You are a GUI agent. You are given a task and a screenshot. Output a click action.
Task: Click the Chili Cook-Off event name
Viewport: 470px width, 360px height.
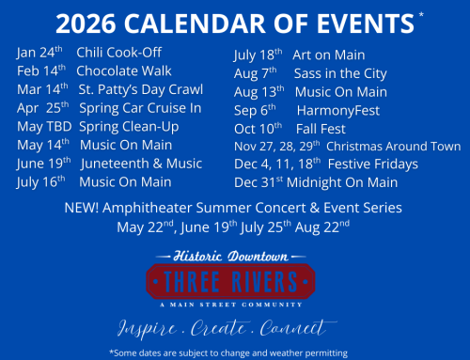[119, 53]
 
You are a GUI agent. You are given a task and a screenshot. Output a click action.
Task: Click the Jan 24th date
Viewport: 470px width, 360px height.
[43, 53]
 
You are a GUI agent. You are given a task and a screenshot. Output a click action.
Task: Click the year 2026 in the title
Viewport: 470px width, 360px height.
[90, 22]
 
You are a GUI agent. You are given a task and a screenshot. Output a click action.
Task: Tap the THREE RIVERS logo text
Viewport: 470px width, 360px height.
[233, 279]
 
